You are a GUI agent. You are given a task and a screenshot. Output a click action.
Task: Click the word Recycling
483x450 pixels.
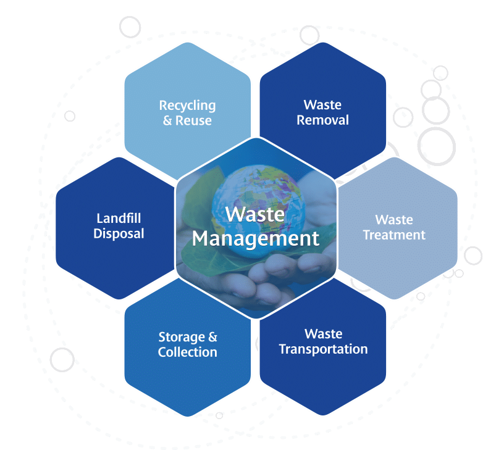tap(187, 106)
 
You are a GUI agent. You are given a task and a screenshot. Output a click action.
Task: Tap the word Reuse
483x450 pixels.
tap(193, 120)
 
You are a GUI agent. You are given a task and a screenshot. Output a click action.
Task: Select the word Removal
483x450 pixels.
tap(323, 120)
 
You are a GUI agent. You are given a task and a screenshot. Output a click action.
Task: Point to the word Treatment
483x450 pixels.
tap(394, 235)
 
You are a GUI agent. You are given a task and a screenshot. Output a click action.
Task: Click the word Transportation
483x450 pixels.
tap(324, 349)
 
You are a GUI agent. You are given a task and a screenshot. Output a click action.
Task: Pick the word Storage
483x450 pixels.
tap(182, 338)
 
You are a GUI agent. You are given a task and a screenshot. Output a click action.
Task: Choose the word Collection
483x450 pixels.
tap(188, 352)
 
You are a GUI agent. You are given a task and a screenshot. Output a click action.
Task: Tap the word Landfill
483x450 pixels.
tap(119, 219)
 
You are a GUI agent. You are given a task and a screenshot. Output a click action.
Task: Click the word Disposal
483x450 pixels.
tap(119, 233)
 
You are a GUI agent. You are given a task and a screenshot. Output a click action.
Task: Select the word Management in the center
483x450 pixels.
tap(256, 238)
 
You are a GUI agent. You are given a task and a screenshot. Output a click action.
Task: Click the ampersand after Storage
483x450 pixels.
tap(212, 337)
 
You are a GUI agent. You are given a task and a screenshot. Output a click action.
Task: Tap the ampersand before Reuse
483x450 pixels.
tap(167, 120)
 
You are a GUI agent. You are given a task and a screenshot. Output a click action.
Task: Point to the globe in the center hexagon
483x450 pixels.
tap(258, 212)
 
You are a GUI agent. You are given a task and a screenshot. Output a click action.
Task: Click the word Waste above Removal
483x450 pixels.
tap(322, 105)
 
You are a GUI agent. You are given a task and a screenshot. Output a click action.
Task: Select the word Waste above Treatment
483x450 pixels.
tap(394, 220)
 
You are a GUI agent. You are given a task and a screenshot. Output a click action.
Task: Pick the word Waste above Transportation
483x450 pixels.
tap(324, 334)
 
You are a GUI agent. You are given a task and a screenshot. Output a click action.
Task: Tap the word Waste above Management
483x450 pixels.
tap(255, 214)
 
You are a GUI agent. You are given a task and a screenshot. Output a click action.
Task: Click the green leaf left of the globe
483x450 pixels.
tap(200, 197)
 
